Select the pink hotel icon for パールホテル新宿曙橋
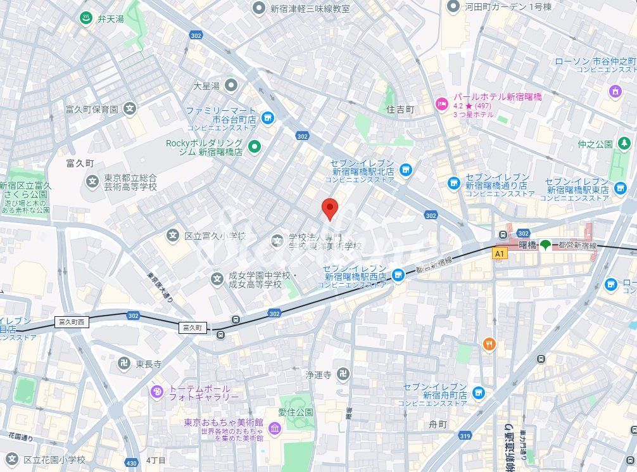tap(441, 103)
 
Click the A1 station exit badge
tap(500, 253)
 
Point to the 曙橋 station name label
tap(527, 245)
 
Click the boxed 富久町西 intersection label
tap(72, 322)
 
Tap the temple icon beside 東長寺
tap(124, 362)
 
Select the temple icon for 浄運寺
tap(343, 374)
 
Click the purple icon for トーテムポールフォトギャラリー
tap(156, 392)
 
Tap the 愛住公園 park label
tap(296, 412)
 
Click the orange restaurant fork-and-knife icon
tap(489, 345)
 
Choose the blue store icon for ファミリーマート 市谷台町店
tap(268, 117)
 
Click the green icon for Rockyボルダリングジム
tap(255, 147)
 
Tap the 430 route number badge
tap(131, 463)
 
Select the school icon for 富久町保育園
tap(130, 108)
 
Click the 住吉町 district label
tap(400, 110)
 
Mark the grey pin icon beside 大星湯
tap(231, 85)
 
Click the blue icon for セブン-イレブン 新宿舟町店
tap(478, 393)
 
